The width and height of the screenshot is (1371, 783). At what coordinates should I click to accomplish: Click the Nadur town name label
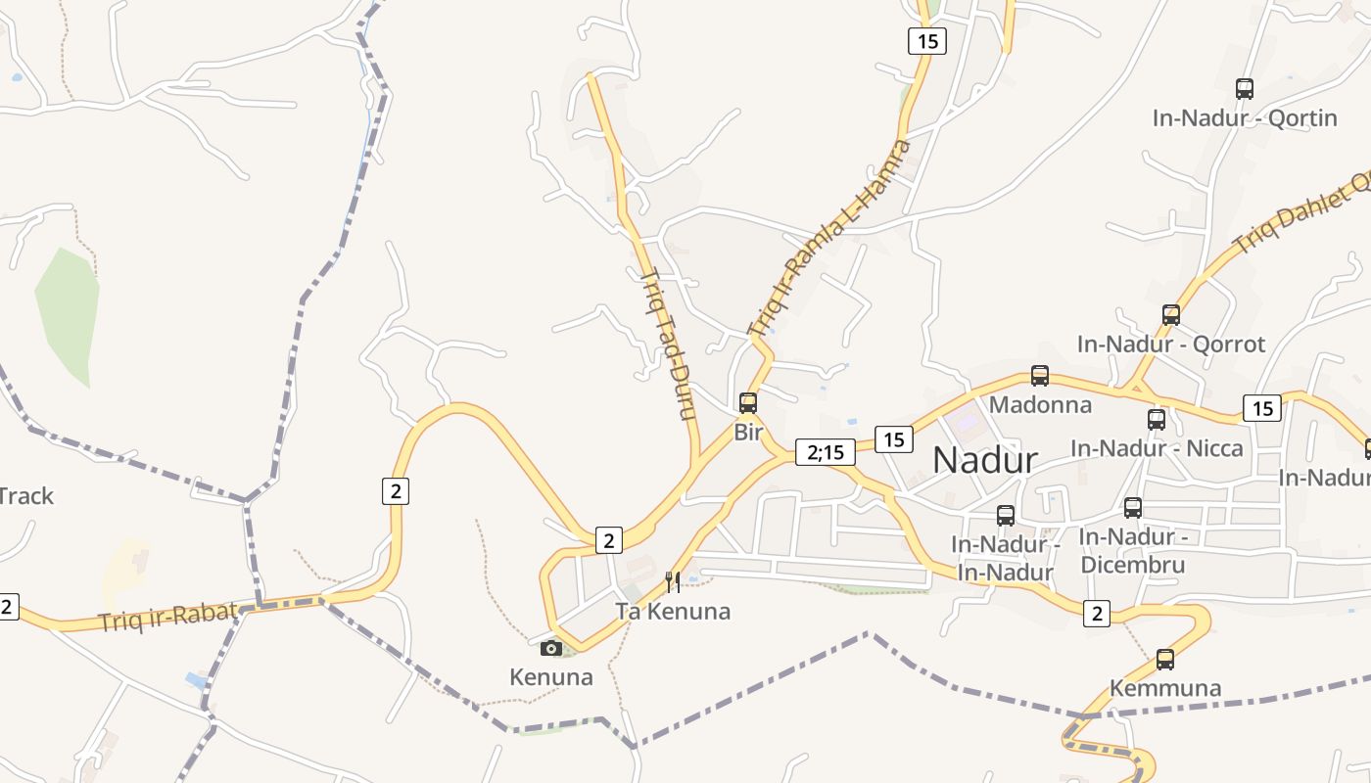[x=984, y=459]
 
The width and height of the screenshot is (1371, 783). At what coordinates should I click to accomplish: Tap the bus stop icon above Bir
[x=748, y=402]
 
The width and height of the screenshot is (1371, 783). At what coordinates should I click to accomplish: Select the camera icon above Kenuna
[x=551, y=648]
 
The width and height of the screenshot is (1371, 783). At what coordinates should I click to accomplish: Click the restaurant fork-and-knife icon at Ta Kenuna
[x=673, y=582]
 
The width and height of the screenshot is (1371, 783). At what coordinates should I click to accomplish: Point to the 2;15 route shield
[x=826, y=451]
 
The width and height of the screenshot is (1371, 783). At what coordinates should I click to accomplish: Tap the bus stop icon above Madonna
[x=1040, y=376]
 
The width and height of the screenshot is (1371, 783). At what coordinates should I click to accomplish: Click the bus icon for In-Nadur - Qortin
[x=1245, y=89]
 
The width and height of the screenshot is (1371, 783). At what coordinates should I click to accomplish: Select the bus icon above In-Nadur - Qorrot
[x=1171, y=315]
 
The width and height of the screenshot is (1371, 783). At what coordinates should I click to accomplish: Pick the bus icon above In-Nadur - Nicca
[x=1157, y=420]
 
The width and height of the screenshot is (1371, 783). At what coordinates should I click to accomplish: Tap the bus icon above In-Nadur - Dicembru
[x=1133, y=508]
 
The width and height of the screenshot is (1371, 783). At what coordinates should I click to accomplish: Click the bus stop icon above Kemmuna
[x=1165, y=660]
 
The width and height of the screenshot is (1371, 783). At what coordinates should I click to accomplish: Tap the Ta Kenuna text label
[x=673, y=612]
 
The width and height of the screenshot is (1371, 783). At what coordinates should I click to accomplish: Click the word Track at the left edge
[x=26, y=496]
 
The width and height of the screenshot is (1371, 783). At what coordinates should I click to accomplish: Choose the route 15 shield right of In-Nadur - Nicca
[x=1262, y=408]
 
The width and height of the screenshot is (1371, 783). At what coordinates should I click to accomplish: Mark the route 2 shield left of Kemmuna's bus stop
[x=1097, y=614]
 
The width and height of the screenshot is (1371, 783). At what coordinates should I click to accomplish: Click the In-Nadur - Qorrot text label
[x=1171, y=345]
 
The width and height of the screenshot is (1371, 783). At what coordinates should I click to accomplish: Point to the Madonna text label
[x=1040, y=404]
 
